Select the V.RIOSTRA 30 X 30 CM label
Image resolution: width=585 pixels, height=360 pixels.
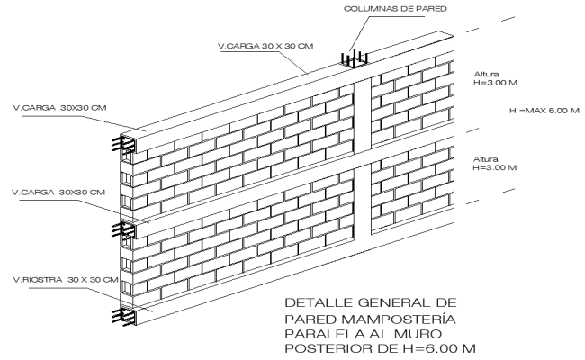pos(60,280)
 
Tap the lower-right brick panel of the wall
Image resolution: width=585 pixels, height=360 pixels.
pos(413,180)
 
